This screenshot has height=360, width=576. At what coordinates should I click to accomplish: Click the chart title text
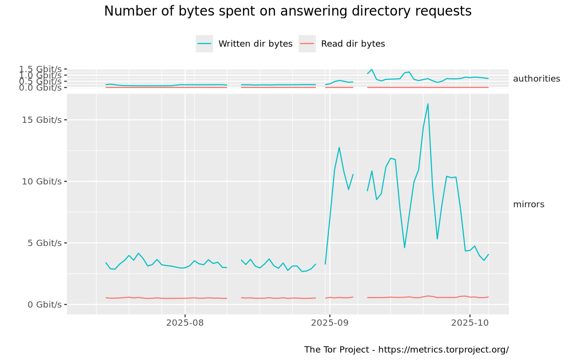(288, 12)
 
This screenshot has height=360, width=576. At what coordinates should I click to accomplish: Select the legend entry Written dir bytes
(255, 44)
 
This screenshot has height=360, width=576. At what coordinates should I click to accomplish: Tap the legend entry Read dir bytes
(353, 44)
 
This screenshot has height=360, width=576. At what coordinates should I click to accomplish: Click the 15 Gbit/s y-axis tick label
(42, 120)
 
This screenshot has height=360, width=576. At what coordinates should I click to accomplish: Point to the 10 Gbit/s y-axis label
(42, 181)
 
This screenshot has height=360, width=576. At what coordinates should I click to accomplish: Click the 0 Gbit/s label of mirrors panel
(45, 304)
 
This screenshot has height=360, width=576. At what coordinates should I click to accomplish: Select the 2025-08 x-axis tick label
(185, 323)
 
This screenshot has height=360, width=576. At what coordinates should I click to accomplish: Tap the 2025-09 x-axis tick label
(329, 323)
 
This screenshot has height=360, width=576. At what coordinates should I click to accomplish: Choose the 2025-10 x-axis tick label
(469, 323)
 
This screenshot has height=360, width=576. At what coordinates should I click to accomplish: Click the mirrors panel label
(528, 204)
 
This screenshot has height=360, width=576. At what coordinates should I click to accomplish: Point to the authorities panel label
(536, 79)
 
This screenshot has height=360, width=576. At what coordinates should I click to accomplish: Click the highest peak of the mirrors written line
(428, 104)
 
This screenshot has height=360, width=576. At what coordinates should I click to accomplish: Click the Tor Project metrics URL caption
(406, 349)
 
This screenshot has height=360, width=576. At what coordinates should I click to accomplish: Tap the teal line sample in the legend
(204, 44)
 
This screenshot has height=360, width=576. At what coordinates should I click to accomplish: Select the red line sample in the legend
(307, 44)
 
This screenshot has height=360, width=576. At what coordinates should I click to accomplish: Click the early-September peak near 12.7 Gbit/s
(339, 147)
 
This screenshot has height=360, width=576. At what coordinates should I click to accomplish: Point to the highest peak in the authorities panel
(372, 70)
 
